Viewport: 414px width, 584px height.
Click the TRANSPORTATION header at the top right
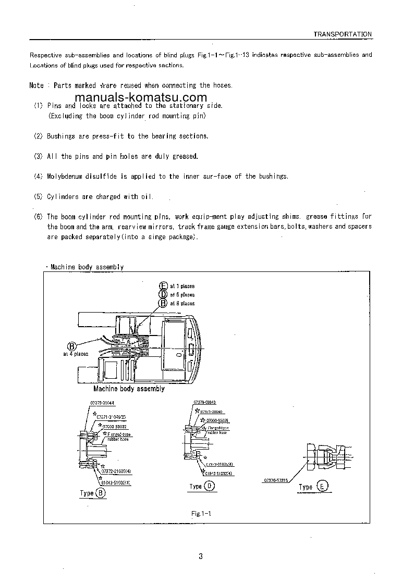click(x=342, y=34)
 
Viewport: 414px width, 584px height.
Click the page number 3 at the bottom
click(x=201, y=556)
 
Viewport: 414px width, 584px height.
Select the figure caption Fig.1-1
click(x=201, y=514)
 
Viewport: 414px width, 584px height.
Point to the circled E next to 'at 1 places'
click(x=163, y=286)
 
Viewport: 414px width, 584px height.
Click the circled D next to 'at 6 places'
click(x=163, y=294)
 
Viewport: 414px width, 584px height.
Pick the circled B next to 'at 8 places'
click(x=163, y=303)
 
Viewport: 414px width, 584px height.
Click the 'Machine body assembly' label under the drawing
click(x=129, y=389)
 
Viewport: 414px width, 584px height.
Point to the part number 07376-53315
click(x=276, y=479)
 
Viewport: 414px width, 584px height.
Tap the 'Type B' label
click(x=93, y=493)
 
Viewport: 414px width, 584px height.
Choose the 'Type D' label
click(x=202, y=486)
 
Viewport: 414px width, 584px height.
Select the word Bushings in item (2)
click(x=62, y=136)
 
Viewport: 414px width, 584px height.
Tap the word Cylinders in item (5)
click(x=63, y=197)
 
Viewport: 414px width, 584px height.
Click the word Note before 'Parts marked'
click(x=36, y=85)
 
